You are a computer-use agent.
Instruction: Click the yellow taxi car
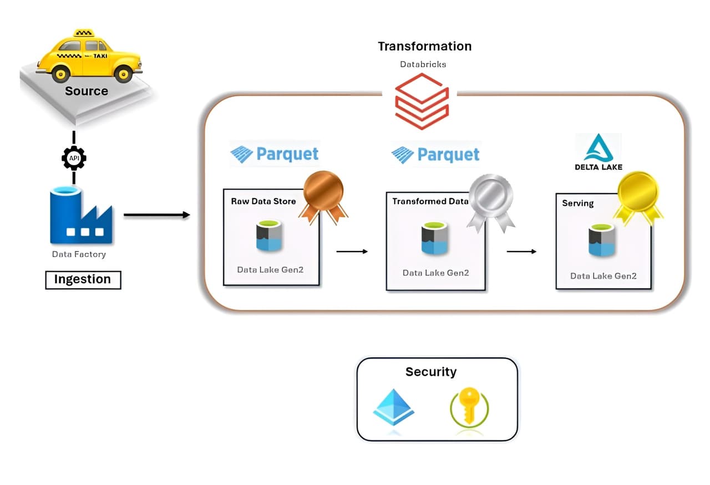click(89, 57)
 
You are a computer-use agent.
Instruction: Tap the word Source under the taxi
click(87, 91)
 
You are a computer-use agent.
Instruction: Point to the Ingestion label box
click(83, 280)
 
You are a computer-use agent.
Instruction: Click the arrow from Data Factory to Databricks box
click(156, 215)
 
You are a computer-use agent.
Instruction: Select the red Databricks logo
click(421, 101)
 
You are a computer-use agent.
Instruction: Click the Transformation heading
click(424, 47)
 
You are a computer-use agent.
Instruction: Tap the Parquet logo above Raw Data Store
click(275, 154)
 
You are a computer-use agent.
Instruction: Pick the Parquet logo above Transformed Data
click(435, 155)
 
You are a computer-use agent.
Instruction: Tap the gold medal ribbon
click(638, 196)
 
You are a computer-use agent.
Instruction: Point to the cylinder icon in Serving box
click(602, 241)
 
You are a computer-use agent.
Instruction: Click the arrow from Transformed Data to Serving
click(521, 252)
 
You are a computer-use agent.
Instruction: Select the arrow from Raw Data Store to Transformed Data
click(352, 252)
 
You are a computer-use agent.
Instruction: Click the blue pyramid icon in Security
click(393, 407)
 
